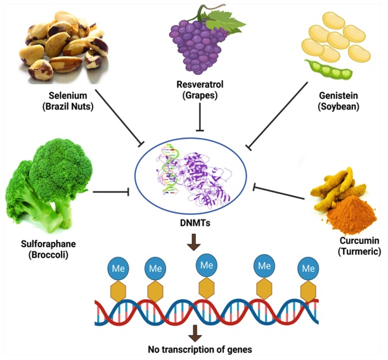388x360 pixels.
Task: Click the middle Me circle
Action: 204,264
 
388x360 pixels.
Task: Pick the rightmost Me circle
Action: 309,268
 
